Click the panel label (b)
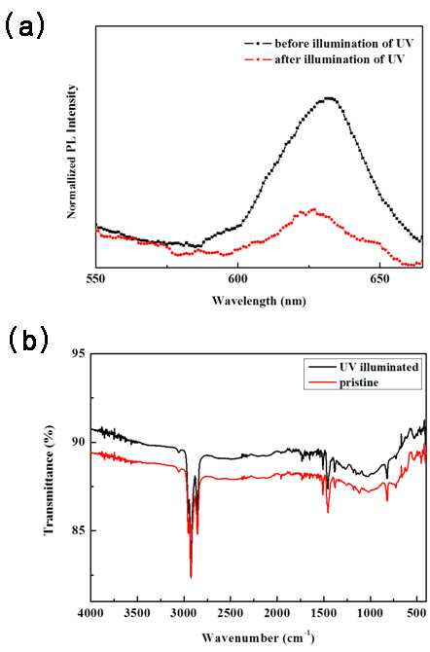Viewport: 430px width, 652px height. pyautogui.click(x=28, y=340)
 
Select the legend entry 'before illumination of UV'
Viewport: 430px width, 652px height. pyautogui.click(x=328, y=43)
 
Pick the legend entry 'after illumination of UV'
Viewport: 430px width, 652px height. pyautogui.click(x=324, y=59)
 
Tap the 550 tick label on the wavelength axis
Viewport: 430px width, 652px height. pyautogui.click(x=95, y=278)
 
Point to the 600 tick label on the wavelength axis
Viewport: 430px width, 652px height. pyautogui.click(x=237, y=278)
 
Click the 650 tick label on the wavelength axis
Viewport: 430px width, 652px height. pyautogui.click(x=379, y=278)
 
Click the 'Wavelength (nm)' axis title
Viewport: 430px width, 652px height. pyautogui.click(x=259, y=301)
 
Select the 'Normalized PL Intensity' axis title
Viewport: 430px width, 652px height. pyautogui.click(x=72, y=151)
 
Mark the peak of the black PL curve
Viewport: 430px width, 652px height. pyautogui.click(x=330, y=98)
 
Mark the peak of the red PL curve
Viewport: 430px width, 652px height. pyautogui.click(x=313, y=209)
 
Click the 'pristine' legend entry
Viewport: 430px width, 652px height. pyautogui.click(x=343, y=382)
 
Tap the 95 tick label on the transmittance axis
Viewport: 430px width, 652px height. pyautogui.click(x=79, y=354)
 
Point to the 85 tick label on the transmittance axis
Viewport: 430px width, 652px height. pyautogui.click(x=79, y=530)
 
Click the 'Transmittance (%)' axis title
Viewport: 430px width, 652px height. pyautogui.click(x=49, y=480)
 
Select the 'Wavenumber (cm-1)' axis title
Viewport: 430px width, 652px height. pyautogui.click(x=258, y=637)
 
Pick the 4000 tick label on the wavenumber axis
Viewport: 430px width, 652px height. pyautogui.click(x=91, y=614)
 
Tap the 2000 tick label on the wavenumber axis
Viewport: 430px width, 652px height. pyautogui.click(x=277, y=614)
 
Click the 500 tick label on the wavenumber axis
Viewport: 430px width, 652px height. pyautogui.click(x=416, y=614)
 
